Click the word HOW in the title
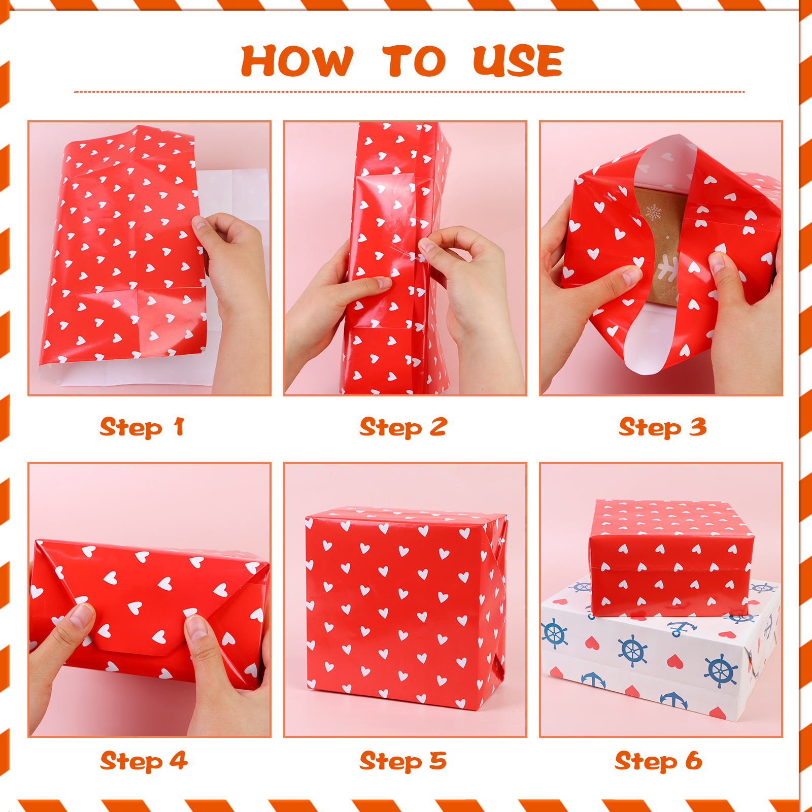coord(297,61)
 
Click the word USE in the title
coord(518,61)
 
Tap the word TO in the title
coord(414,61)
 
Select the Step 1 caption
coord(142,427)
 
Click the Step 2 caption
coord(403,427)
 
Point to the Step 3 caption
coord(662,427)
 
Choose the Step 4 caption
coord(144,761)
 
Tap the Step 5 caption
coord(403,761)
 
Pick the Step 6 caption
coord(658,761)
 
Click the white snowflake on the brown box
coord(654,213)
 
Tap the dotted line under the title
coord(409,92)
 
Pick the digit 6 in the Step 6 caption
coord(694,761)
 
